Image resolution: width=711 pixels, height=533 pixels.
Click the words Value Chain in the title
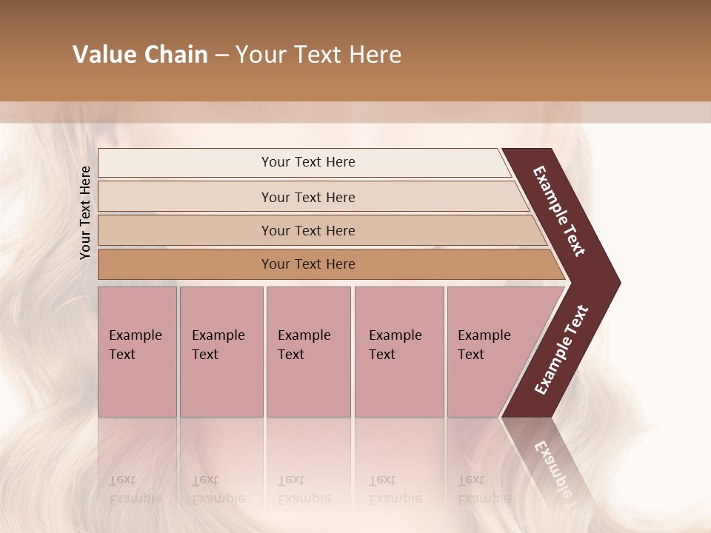click(x=140, y=55)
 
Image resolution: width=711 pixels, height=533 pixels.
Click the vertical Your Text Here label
click(x=86, y=212)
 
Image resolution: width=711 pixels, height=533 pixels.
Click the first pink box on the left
click(x=137, y=352)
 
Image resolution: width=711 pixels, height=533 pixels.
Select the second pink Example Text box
click(x=221, y=352)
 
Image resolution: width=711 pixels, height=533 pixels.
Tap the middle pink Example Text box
click(x=308, y=352)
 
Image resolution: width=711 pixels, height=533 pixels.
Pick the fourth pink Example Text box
click(x=399, y=352)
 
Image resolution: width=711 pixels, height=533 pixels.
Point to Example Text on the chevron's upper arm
click(x=559, y=211)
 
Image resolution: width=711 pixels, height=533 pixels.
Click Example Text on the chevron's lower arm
click(x=561, y=350)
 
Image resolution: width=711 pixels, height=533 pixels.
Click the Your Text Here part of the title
click(x=318, y=55)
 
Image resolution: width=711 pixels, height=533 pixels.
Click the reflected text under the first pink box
click(x=135, y=489)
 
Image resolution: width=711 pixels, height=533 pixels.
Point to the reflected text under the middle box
click(x=304, y=489)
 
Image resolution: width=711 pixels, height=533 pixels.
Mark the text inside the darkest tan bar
click(x=308, y=264)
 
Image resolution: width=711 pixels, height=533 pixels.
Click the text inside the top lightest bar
click(x=308, y=162)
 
